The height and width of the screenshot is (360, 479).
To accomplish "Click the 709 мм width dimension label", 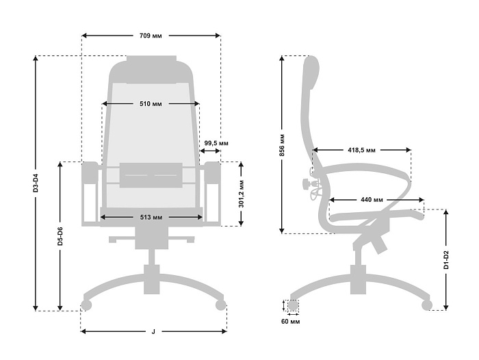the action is coord(151,36).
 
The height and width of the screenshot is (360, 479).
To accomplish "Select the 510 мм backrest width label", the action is coord(151,104).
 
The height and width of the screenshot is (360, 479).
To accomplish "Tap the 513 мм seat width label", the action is coord(151,217).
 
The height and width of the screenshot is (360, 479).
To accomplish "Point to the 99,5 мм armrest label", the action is coord(216,143).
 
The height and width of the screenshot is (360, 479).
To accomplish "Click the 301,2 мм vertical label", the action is coord(242,194).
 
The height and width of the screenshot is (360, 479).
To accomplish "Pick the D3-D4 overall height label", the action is coord(36,183).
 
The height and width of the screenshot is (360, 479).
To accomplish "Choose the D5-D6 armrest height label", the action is coord(60,236).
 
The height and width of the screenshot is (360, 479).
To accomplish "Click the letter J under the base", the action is coord(153,331).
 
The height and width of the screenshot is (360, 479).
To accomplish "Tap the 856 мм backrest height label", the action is coord(282,145).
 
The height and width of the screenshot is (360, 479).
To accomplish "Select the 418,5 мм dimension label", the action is coord(362,150).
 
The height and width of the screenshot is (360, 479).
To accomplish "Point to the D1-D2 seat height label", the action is coord(446,260).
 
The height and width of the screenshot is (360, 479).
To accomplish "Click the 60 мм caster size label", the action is coord(291,322).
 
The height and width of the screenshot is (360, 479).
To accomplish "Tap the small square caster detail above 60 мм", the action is coord(294,305).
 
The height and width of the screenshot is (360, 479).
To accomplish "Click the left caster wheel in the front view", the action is coord(86,305).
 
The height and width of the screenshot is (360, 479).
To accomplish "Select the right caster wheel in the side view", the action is coord(427,305).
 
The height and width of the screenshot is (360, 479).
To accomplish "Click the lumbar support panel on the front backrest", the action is coord(151,175).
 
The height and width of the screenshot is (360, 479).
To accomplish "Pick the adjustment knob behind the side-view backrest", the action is coord(305,184).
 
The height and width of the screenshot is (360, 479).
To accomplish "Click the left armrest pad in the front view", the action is coord(90,172).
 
